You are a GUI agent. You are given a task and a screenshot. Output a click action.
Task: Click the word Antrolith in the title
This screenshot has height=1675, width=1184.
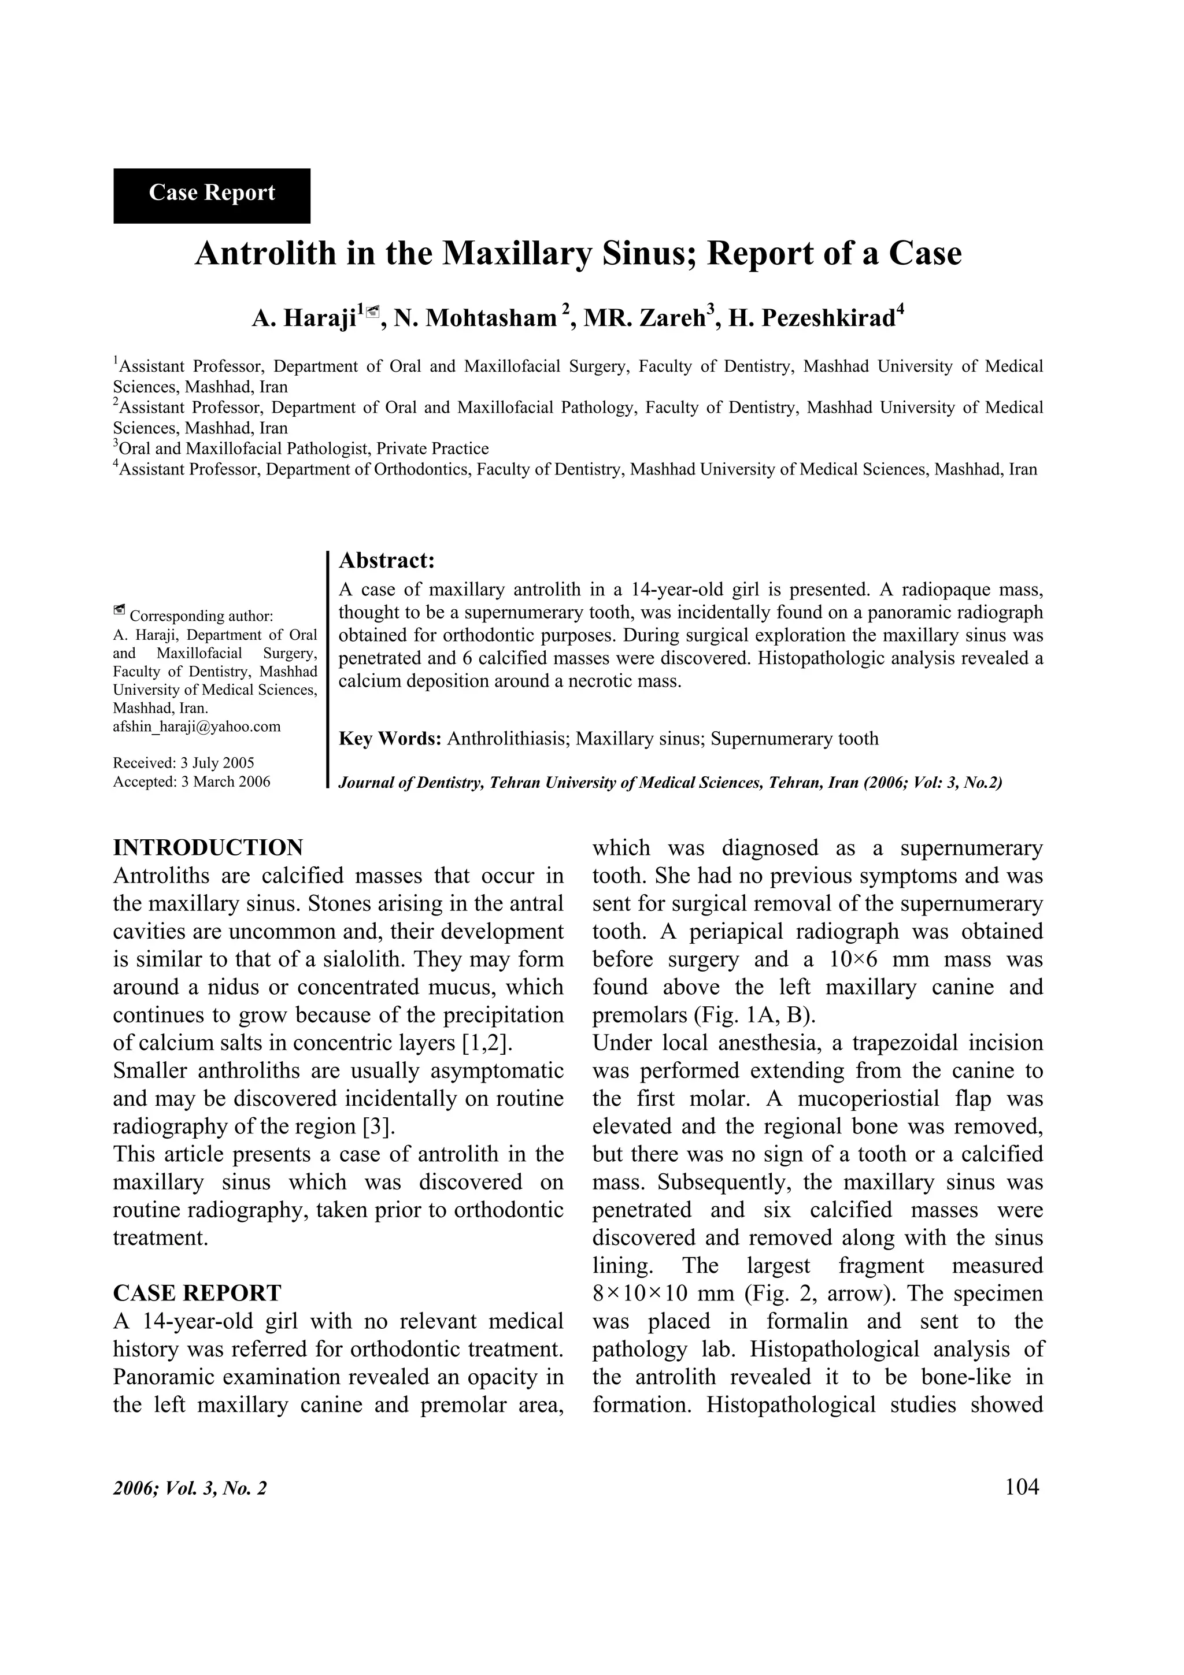(268, 254)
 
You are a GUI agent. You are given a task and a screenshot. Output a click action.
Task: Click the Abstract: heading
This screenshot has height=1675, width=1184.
(387, 560)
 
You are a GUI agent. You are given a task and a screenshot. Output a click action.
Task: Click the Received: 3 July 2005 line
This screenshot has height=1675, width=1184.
(183, 763)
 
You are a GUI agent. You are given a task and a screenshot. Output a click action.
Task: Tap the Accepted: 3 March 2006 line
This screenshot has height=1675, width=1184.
(191, 781)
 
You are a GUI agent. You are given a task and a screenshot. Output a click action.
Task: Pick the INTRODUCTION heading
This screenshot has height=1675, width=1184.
(208, 848)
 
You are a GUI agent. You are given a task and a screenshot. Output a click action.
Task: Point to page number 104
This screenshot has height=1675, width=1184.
(1022, 1487)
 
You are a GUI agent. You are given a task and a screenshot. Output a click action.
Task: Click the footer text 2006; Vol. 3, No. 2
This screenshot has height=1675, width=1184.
(190, 1488)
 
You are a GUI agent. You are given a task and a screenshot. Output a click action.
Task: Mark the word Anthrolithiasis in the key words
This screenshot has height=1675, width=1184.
(508, 739)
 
